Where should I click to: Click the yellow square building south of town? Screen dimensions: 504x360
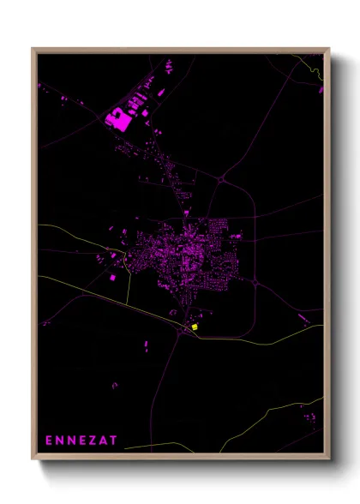coord(195,326)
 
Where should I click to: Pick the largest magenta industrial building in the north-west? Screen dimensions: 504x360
coord(117,119)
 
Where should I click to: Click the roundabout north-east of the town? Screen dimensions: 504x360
coord(221,179)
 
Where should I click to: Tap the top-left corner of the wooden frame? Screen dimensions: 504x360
coord(33,49)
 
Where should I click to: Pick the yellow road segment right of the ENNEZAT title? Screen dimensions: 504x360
coord(171,445)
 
